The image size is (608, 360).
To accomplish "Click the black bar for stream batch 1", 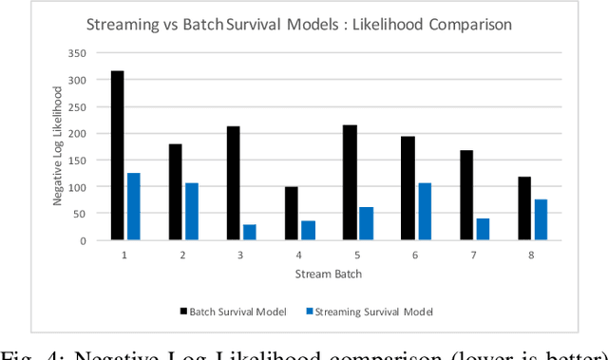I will (x=117, y=156).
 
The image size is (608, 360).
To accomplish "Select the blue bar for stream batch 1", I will (x=134, y=206).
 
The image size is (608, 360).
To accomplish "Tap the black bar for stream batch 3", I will (x=233, y=183).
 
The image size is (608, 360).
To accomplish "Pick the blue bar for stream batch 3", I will (x=250, y=232).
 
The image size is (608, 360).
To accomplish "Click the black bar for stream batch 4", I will (x=291, y=214).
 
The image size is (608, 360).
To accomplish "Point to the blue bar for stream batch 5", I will (x=366, y=223).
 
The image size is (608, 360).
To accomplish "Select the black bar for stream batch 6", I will (x=407, y=188).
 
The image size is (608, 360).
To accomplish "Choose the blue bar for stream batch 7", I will (x=483, y=229).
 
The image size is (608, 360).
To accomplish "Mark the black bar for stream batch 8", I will (x=523, y=208).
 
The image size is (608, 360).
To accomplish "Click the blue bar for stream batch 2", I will (x=192, y=211).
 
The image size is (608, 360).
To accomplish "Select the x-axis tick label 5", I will (x=357, y=256).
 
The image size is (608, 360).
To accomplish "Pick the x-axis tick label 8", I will (x=532, y=256).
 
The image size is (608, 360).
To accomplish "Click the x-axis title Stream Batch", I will (x=329, y=275).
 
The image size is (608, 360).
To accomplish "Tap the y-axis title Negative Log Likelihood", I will (x=58, y=147).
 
